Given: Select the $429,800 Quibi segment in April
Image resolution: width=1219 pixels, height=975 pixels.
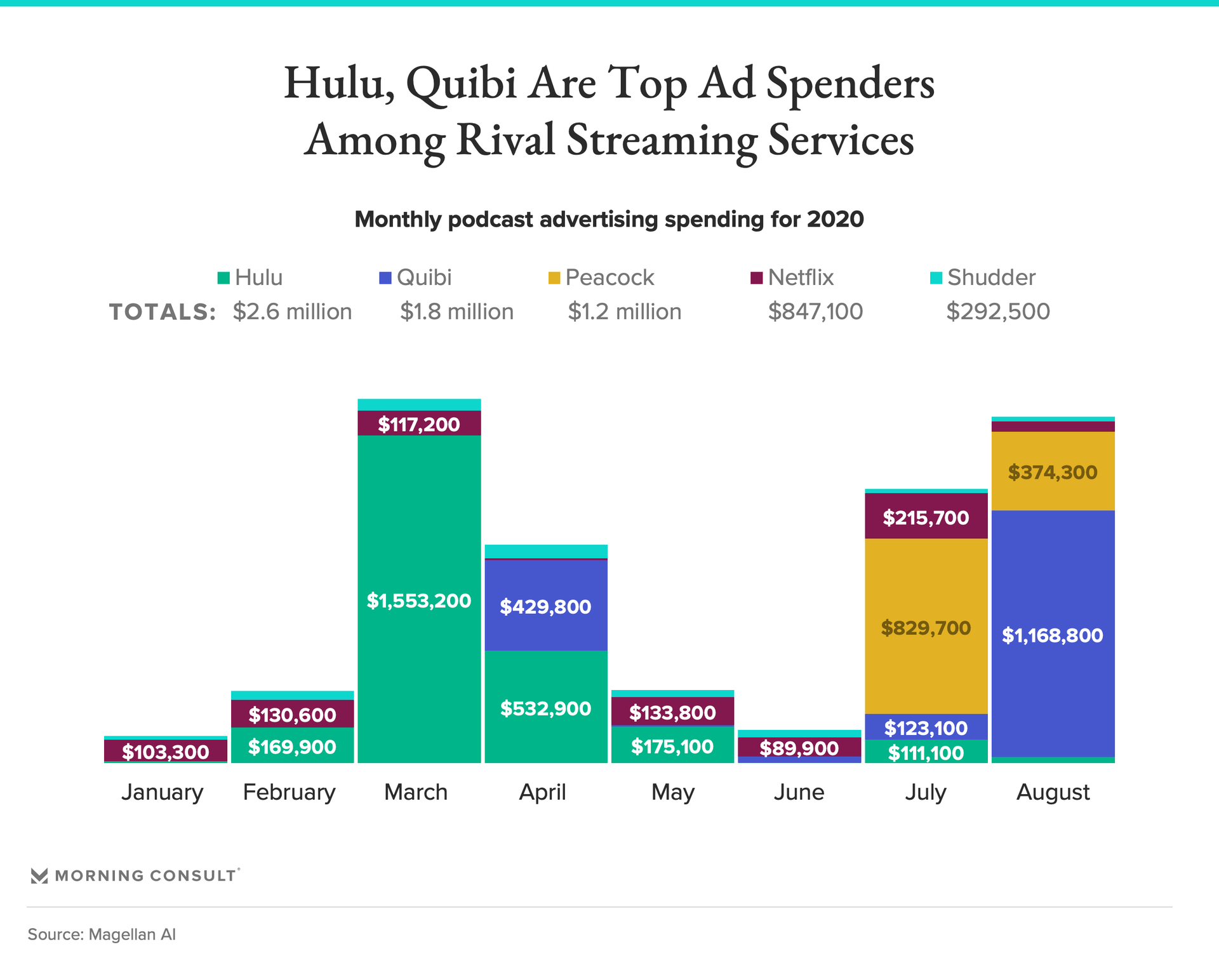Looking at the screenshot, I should point(546,606).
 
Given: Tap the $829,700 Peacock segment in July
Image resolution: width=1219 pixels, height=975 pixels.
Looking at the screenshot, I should point(926,627).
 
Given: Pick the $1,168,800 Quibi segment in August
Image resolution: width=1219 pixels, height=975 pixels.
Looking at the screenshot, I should point(1053,635).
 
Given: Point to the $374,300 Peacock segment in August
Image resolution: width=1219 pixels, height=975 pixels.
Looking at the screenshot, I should point(1053,472).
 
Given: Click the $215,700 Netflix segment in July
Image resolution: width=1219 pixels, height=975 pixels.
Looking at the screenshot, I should point(926,517).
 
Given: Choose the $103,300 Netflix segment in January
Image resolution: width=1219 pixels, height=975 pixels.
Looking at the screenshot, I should point(166,751).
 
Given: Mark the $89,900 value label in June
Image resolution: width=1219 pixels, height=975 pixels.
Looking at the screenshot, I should point(799,748).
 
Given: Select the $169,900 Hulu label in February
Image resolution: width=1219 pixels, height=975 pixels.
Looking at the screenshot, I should point(292,746).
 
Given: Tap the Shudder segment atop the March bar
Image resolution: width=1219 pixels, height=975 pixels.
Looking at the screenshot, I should point(419,404).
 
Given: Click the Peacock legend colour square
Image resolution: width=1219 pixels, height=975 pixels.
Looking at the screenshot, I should point(554,278).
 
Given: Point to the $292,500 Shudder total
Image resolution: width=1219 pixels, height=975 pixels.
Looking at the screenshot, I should point(998,311).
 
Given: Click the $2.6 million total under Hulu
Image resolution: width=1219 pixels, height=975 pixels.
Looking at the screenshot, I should point(292,311).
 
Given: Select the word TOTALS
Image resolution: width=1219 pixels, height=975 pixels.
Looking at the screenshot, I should point(163,312).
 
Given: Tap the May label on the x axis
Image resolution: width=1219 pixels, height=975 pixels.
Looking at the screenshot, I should point(673,792).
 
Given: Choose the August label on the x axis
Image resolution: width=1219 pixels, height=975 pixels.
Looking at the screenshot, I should point(1053,792).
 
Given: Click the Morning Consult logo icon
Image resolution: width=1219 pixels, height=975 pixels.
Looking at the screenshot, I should point(39,876).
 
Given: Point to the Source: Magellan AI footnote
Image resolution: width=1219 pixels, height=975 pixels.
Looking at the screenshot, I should point(102,934).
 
